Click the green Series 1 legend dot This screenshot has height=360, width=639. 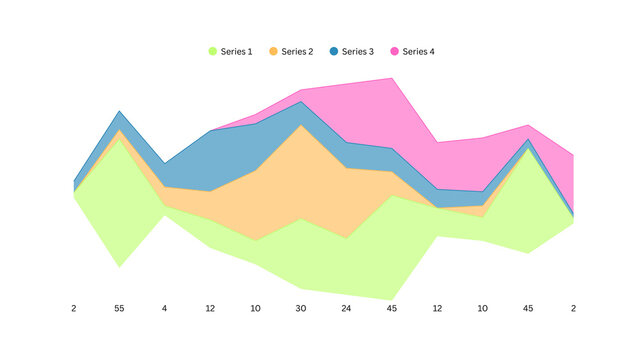(x=212, y=51)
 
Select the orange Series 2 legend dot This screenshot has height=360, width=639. (x=273, y=51)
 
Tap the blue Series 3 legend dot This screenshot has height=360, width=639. (x=334, y=51)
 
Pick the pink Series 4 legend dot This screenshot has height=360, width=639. (x=394, y=51)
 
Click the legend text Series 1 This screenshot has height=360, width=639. (x=237, y=51)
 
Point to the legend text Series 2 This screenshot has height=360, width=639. (x=298, y=51)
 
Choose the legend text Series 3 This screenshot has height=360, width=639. (x=358, y=51)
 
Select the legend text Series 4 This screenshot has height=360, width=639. (x=419, y=51)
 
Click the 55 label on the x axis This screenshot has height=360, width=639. (x=119, y=309)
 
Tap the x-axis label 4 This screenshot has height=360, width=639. (x=165, y=309)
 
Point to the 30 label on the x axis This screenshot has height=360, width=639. (x=301, y=309)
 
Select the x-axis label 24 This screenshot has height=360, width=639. (x=347, y=309)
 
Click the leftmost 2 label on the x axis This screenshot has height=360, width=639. (x=74, y=309)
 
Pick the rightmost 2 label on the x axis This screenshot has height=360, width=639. (x=573, y=309)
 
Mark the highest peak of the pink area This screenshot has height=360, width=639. (x=392, y=78)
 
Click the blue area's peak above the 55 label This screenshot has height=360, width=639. (x=120, y=111)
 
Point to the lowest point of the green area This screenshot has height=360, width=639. (x=392, y=299)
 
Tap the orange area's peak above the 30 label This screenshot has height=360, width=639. (x=301, y=125)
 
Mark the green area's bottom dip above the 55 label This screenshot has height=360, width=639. (x=120, y=267)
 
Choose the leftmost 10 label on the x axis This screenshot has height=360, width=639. (x=256, y=309)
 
